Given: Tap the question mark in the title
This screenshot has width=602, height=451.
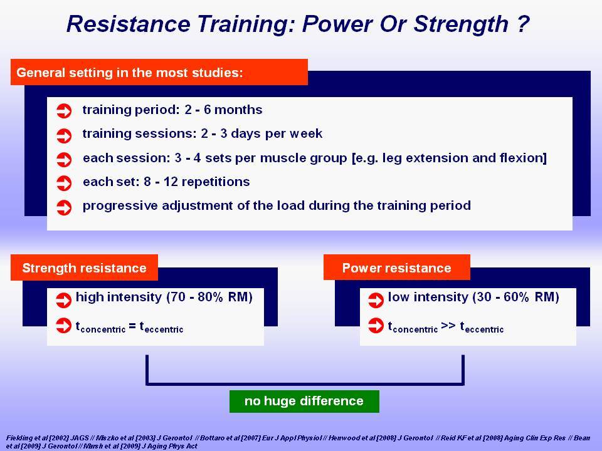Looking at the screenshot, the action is point(523,24).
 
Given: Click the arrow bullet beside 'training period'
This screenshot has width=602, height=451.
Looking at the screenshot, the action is point(64,111).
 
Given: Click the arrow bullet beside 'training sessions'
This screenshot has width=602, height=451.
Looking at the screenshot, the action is point(64,135).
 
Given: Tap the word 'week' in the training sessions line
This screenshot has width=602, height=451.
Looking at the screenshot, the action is point(306,133).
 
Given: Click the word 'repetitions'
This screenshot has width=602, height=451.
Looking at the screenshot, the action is point(216,182).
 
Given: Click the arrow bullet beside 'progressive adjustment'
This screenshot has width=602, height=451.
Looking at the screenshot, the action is point(64,207).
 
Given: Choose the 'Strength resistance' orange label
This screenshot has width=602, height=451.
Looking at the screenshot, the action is point(84,267).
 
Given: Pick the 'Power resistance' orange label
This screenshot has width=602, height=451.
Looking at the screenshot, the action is point(396,267).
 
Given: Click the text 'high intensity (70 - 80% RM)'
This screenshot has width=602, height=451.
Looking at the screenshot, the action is point(164,297).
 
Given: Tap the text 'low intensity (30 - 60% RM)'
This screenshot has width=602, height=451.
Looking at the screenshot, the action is point(473,297).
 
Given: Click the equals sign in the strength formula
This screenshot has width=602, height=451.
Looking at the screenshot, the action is point(132,326).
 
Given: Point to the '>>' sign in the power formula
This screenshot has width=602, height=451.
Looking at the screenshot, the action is point(448,326).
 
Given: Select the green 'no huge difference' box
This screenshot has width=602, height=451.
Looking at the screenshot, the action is point(304,401).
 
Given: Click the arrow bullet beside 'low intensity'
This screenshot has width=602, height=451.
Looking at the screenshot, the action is point(376,300).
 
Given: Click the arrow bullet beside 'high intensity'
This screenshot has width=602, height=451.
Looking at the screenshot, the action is point(64,300).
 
